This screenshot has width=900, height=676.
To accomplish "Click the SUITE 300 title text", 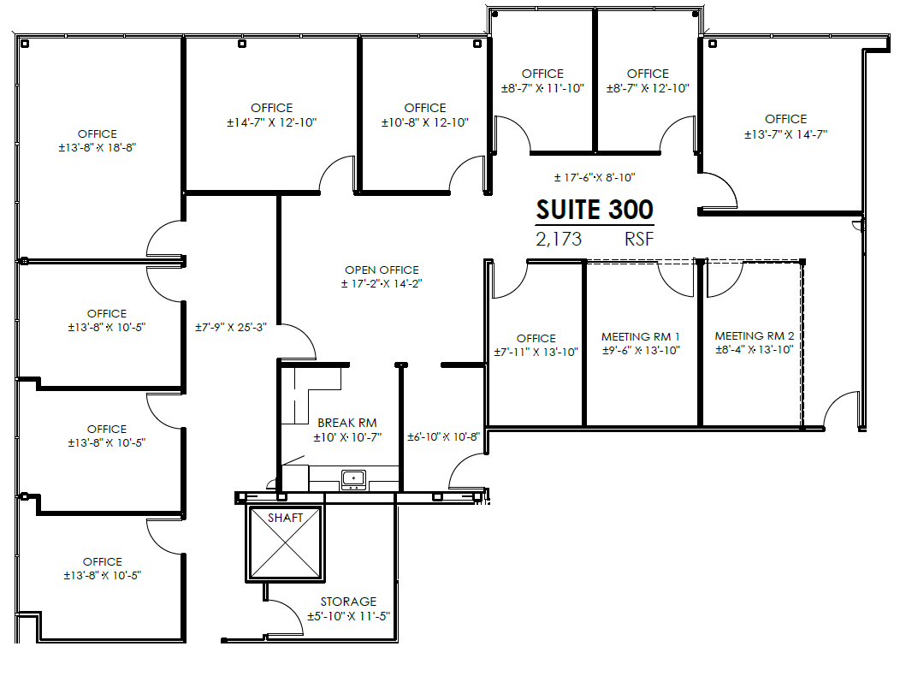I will pos(595,210).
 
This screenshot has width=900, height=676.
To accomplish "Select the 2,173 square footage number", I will pos(559,240).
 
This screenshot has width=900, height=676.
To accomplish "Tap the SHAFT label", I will pos(285,518).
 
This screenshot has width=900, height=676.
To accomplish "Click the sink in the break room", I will pos(352,479).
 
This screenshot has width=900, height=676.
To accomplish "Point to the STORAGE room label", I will pos(348,602).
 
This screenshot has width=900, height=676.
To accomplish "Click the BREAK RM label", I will pos(346,423).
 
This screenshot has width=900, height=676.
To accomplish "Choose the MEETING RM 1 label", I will pos(641,336).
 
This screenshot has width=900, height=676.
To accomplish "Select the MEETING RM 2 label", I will pos(755,336).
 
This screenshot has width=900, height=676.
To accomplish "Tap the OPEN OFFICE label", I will pos(382,270).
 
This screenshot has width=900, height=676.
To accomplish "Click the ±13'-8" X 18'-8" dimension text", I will pos(97,147).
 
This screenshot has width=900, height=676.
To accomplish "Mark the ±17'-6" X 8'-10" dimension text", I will pos(595,178).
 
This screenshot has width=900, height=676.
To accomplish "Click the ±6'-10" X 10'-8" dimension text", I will pos(443,436).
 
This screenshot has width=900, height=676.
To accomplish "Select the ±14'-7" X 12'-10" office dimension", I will pos(271,122).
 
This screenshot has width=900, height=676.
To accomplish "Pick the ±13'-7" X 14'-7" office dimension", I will pos(785,133).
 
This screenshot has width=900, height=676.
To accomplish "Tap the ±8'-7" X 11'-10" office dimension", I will pos(542,88).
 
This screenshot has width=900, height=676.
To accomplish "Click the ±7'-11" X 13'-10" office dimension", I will pos(536,352).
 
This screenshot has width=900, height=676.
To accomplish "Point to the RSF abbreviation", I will pos(639,240).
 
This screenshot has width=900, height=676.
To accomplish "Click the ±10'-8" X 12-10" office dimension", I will pos(425,122).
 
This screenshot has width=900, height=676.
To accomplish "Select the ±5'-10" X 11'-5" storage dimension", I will pos(348,616).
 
